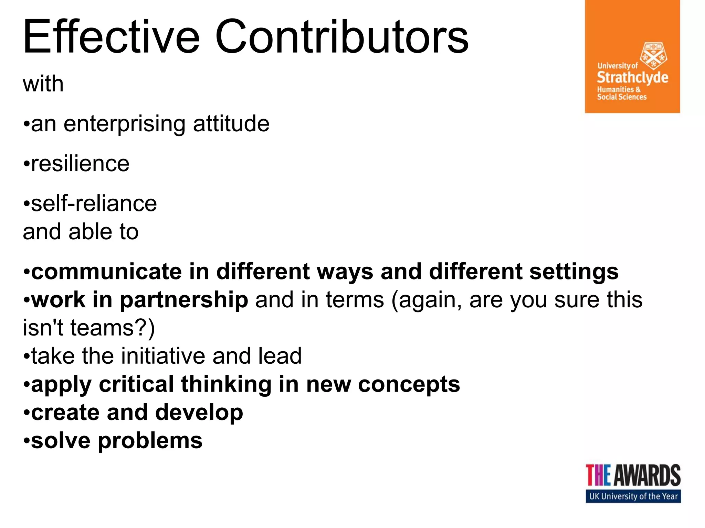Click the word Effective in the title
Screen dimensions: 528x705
click(x=111, y=37)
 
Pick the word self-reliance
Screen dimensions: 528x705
click(x=94, y=203)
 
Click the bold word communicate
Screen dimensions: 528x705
click(x=106, y=272)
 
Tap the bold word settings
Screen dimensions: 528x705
click(x=574, y=272)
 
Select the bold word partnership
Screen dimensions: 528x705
click(x=184, y=300)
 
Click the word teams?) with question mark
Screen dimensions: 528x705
click(x=113, y=328)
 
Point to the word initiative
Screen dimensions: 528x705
click(x=163, y=356)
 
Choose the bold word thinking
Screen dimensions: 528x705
click(x=226, y=384)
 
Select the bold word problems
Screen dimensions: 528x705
click(x=150, y=441)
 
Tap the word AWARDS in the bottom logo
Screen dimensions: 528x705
click(x=647, y=475)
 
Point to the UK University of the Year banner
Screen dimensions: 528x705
click(x=633, y=496)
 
